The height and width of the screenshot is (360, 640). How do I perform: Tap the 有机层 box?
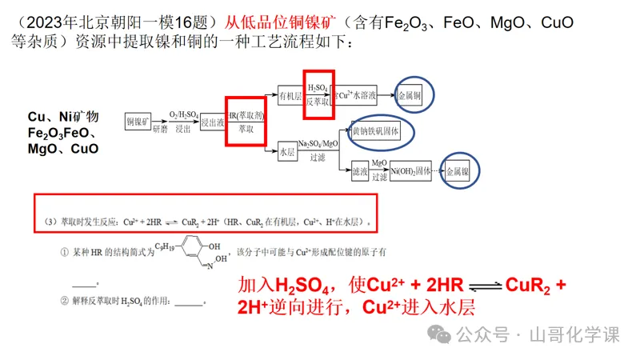click(x=290, y=96)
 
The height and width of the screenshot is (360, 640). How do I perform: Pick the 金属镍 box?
click(x=462, y=171)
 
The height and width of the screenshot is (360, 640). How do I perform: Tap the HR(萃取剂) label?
click(x=247, y=115)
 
